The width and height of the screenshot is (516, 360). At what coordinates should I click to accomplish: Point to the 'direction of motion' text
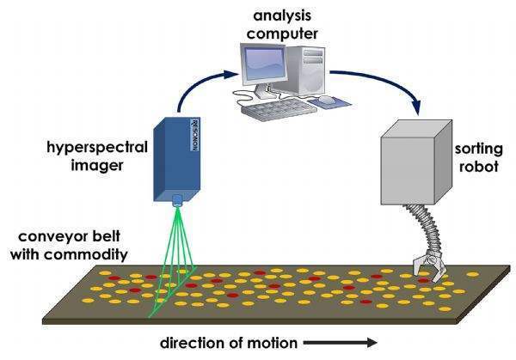[228, 343]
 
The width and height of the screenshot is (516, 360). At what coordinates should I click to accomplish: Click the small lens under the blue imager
[179, 202]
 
